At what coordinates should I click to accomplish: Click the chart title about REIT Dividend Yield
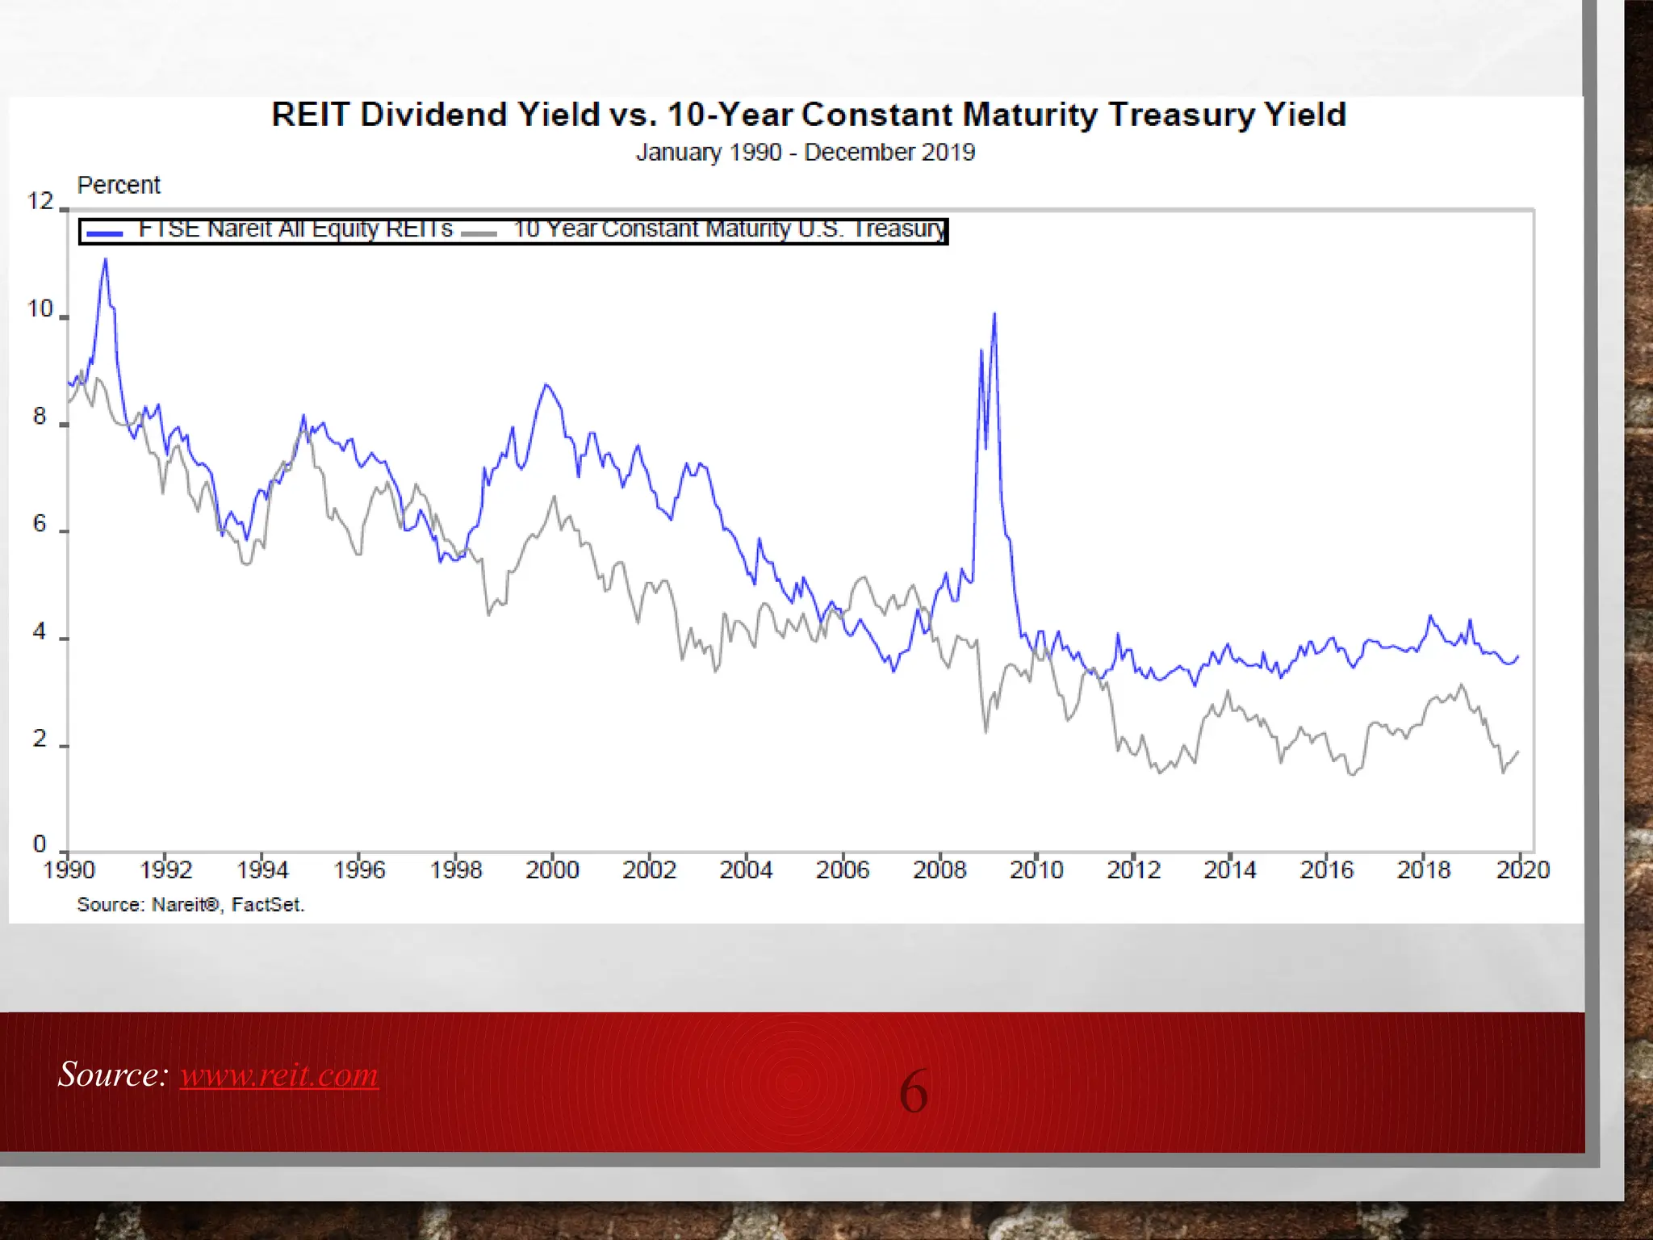[808, 115]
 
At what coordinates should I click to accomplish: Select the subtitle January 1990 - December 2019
[805, 153]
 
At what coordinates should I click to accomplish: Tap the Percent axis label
[119, 186]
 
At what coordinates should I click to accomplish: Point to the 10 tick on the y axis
[40, 309]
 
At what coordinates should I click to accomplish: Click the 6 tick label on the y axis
[40, 524]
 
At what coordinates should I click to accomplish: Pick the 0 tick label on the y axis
[40, 844]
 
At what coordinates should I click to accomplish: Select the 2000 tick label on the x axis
[552, 870]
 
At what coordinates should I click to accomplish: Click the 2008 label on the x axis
[939, 870]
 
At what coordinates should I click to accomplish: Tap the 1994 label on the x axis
[262, 870]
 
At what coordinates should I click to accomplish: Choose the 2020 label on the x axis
[1522, 870]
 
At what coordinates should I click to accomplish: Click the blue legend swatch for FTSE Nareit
[104, 233]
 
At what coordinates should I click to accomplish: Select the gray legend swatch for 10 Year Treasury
[479, 233]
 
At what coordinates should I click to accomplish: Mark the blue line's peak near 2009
[994, 314]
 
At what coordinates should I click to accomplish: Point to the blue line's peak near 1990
[105, 260]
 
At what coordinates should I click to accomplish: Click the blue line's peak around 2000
[546, 385]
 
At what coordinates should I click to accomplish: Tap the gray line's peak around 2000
[554, 496]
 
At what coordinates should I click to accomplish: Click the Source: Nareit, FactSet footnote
[190, 905]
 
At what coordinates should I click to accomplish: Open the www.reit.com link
[279, 1075]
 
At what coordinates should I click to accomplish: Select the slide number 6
[913, 1091]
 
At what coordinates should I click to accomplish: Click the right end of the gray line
[1518, 752]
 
